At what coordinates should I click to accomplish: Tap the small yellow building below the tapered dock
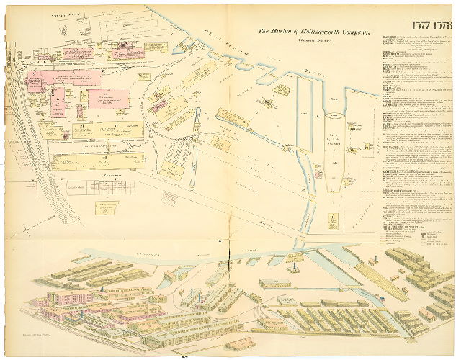(x=333, y=217)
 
